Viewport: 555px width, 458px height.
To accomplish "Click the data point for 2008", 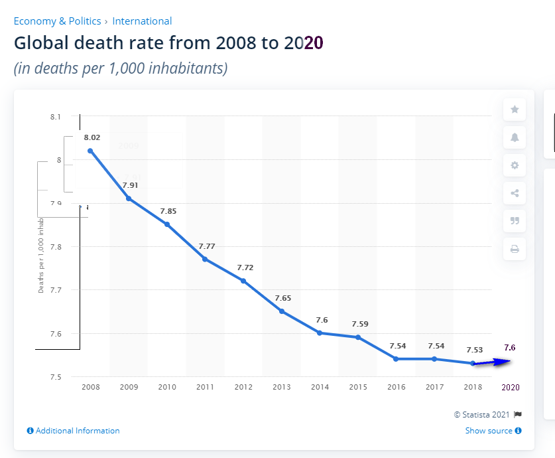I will click(x=90, y=151).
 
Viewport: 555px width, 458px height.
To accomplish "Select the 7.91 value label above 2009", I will click(x=130, y=185).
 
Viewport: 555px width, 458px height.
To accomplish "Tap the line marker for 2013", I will click(x=282, y=311).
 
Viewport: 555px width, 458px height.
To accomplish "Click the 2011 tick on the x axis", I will click(x=205, y=387).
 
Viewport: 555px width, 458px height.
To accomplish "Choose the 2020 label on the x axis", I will click(x=510, y=387).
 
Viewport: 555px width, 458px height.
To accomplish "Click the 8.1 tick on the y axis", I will click(x=55, y=117).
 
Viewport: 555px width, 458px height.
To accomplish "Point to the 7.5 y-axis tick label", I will click(x=55, y=377).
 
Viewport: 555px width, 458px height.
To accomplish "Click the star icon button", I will click(x=515, y=110).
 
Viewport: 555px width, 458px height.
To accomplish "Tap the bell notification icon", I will click(x=515, y=137).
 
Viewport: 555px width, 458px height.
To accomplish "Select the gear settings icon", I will click(x=515, y=165).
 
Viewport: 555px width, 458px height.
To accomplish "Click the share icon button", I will click(x=515, y=194).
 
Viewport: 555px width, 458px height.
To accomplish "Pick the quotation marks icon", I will click(x=515, y=221).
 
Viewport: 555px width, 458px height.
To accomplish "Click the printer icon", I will click(x=515, y=250).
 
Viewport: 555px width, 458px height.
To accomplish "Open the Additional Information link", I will click(x=74, y=431).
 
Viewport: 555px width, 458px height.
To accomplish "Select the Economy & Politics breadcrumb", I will click(x=57, y=21).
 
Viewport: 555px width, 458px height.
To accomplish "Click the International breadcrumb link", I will click(x=142, y=21).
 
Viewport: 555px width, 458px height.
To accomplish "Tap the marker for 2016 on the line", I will click(x=396, y=359).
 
